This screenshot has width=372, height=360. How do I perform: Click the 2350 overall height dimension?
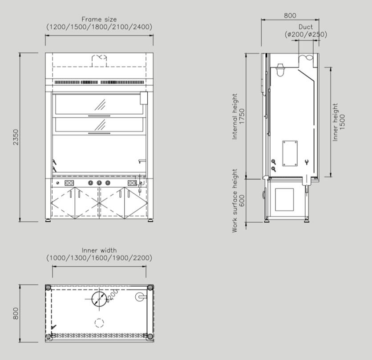pyautogui.click(x=16, y=137)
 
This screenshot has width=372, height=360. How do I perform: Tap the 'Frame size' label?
pyautogui.click(x=99, y=19)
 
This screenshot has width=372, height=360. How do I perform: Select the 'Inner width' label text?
pyautogui.click(x=99, y=250)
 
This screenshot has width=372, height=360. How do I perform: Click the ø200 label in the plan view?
pyautogui.click(x=112, y=296)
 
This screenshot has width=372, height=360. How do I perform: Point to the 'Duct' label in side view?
pyautogui.click(x=306, y=27)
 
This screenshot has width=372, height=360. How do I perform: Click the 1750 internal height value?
pyautogui.click(x=242, y=116)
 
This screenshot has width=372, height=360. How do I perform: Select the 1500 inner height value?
pyautogui.click(x=342, y=122)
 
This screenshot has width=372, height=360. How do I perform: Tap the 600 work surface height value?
pyautogui.click(x=242, y=200)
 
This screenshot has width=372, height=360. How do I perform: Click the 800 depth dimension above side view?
pyautogui.click(x=290, y=16)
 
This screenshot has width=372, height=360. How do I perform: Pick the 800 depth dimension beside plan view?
pyautogui.click(x=16, y=313)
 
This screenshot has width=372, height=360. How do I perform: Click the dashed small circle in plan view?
pyautogui.click(x=99, y=323)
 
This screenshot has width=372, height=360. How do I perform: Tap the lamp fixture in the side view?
pyautogui.click(x=280, y=70)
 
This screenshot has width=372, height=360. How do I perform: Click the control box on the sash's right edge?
pyautogui.click(x=144, y=98)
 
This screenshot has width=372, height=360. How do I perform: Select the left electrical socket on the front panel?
pyautogui.click(x=69, y=183)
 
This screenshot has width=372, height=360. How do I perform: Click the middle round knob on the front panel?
pyautogui.click(x=99, y=183)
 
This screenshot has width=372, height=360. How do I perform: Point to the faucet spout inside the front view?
pyautogui.click(x=142, y=161)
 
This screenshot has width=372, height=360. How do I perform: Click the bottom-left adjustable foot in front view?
pyautogui.click(x=49, y=220)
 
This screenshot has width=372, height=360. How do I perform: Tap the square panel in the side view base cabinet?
pyautogui.click(x=284, y=200)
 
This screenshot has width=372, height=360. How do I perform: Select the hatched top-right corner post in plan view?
pyautogui.click(x=150, y=288)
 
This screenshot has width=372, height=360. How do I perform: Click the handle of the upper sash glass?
pyautogui.click(x=99, y=116)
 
